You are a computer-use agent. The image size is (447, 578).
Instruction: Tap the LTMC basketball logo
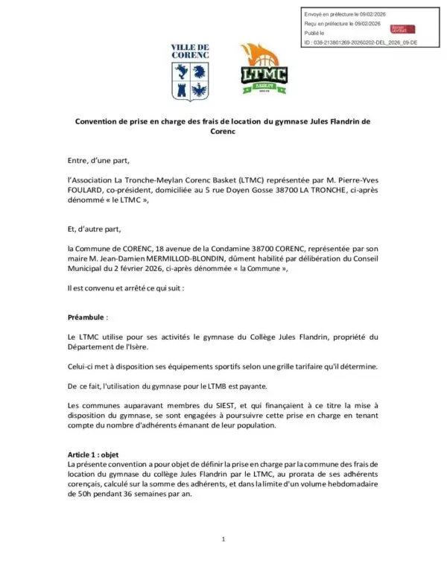point(264,69)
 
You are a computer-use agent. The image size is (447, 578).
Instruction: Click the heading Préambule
point(87,317)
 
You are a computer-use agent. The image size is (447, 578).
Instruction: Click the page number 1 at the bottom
point(223,539)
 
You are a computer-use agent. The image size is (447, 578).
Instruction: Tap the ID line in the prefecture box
point(361,43)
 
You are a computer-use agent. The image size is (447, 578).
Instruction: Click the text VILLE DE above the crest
point(190,47)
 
